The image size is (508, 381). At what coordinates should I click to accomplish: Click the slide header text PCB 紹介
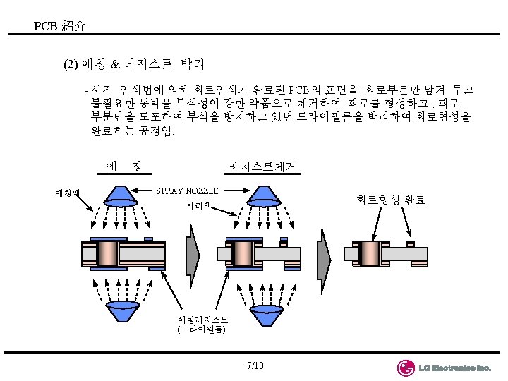click(x=60, y=27)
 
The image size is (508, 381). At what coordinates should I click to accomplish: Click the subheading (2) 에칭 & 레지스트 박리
click(x=134, y=65)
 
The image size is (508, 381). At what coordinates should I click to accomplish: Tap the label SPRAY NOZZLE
click(x=187, y=190)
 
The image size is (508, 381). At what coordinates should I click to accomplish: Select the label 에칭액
click(x=68, y=191)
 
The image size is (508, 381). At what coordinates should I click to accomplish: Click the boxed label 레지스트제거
click(x=262, y=167)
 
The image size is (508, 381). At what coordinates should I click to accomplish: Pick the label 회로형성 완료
click(x=390, y=200)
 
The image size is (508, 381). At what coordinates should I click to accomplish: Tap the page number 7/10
click(x=255, y=365)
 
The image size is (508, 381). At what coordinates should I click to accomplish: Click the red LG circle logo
click(x=406, y=368)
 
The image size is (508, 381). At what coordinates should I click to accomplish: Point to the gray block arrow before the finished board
click(x=322, y=253)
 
